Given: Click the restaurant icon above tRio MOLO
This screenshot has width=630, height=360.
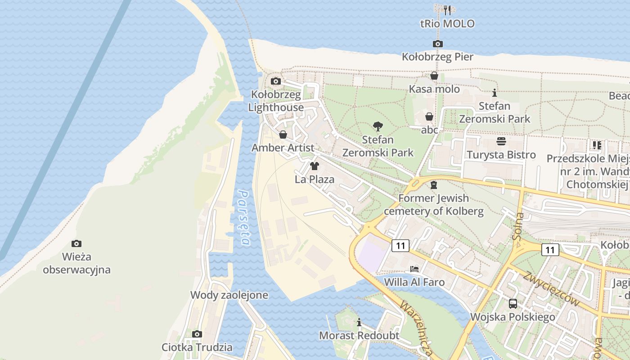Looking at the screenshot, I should (447, 10).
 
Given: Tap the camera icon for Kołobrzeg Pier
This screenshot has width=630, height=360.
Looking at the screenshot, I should (437, 44).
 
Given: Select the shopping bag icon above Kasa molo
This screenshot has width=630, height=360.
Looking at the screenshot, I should (434, 76).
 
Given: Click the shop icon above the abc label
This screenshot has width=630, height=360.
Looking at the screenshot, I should (429, 117).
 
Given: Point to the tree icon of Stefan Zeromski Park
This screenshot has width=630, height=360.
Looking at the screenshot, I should (378, 126).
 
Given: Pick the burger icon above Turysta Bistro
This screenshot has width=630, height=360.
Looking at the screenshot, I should (501, 142).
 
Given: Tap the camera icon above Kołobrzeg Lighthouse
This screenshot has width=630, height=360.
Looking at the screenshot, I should (276, 81).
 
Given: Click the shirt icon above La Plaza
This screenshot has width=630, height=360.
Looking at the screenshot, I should (315, 166).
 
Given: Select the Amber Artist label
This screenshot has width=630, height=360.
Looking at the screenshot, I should (283, 148).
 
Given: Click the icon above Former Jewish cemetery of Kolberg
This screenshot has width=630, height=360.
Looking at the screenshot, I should (434, 184).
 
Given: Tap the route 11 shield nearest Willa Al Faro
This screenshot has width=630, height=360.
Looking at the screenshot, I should (400, 246).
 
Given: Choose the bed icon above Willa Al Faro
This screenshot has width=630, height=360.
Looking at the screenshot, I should (414, 269).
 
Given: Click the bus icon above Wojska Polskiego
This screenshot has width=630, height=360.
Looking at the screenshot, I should (513, 303).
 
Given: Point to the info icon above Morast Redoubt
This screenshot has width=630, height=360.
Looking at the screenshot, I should (359, 322).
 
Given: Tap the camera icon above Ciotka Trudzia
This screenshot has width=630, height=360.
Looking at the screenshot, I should (197, 334).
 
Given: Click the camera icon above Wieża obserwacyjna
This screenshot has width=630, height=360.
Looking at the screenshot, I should (76, 243).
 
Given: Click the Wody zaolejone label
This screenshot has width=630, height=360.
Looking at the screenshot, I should (229, 295).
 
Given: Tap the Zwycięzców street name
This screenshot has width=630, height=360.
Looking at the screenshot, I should (551, 288).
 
